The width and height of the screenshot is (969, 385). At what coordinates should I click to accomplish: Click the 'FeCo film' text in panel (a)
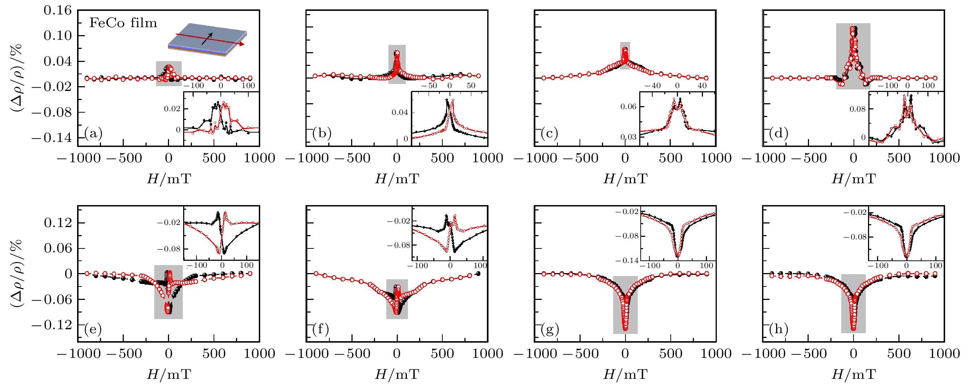point(123,23)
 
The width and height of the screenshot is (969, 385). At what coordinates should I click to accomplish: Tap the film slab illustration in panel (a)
point(207,39)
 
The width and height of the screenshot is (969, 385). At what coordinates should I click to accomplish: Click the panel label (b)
point(322,133)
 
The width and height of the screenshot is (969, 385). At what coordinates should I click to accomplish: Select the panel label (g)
point(550,329)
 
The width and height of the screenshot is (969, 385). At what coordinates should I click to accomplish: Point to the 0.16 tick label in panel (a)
point(57,10)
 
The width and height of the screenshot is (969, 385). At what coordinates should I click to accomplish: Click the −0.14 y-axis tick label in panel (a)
point(51,138)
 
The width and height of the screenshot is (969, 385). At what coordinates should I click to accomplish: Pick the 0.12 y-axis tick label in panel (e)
point(57,223)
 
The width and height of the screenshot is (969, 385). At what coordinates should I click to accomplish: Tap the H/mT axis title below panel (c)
point(625,179)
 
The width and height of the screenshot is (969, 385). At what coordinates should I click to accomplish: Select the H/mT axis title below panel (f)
point(397,374)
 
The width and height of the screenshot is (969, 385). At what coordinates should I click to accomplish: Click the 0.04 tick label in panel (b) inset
point(400,113)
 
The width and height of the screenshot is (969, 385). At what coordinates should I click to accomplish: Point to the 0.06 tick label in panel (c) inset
point(628,107)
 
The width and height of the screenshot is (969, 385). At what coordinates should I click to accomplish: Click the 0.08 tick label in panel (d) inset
point(857,109)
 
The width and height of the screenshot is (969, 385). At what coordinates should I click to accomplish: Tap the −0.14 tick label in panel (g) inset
point(627,260)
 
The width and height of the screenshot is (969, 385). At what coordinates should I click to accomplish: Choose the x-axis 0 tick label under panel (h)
point(854,354)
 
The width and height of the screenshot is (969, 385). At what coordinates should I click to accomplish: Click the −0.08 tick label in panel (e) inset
point(169,249)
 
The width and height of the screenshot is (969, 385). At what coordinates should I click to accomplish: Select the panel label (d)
point(779,133)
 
